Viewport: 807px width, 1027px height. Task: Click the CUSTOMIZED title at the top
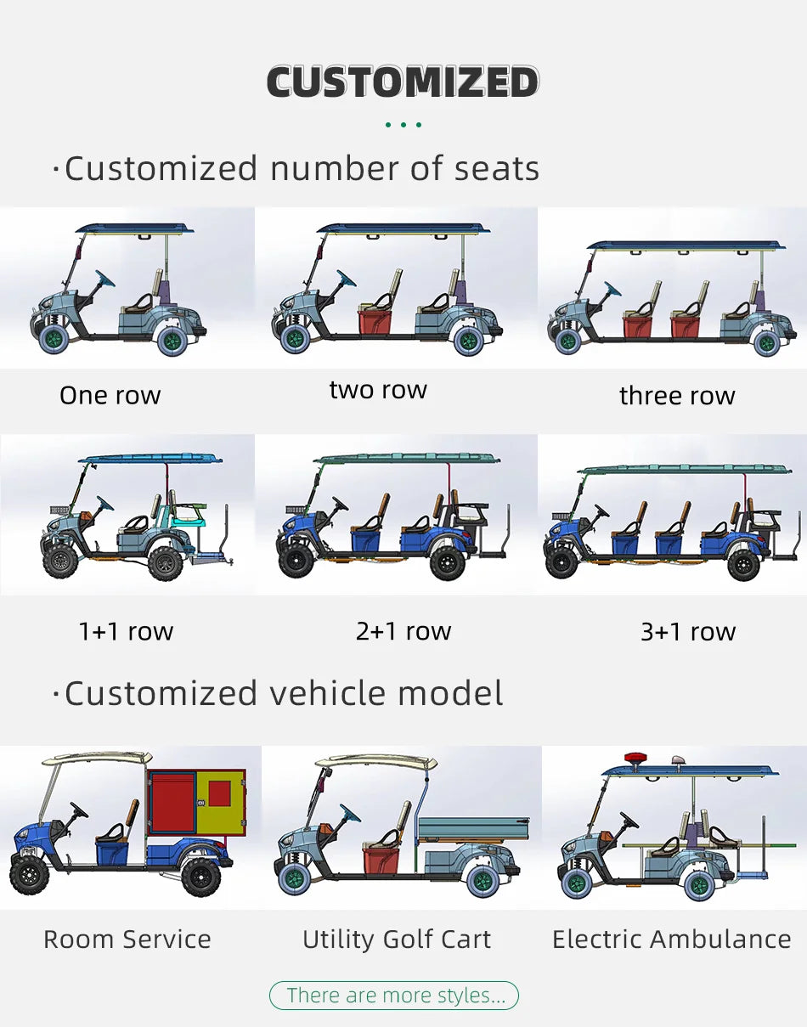(403, 82)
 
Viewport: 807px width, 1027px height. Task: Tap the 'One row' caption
(110, 396)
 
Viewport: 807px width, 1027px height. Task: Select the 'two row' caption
(378, 391)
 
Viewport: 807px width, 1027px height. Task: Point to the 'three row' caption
(677, 396)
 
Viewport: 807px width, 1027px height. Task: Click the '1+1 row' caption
(127, 631)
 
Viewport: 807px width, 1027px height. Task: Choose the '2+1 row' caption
(403, 631)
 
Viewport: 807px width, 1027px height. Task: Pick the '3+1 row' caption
(688, 632)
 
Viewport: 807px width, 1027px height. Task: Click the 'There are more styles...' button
(394, 996)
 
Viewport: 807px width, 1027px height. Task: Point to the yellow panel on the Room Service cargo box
(221, 803)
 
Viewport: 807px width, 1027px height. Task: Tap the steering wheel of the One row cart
(104, 279)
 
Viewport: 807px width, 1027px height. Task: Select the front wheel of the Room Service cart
(29, 874)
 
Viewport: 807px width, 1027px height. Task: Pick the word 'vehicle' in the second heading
(329, 693)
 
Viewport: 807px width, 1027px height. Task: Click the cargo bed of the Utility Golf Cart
(473, 829)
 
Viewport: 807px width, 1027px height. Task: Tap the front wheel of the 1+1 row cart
(60, 562)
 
